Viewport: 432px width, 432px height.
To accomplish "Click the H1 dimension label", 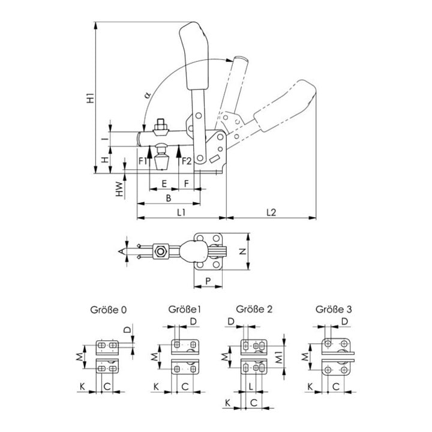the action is pyautogui.click(x=91, y=98).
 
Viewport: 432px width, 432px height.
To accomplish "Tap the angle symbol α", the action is pyautogui.click(x=148, y=95).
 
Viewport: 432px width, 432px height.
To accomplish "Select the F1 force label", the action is pyautogui.click(x=143, y=161).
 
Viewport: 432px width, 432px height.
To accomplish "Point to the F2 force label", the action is pyautogui.click(x=187, y=161).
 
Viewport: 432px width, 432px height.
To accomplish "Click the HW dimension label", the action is pyautogui.click(x=119, y=189).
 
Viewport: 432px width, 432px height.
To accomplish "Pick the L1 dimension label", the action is pyautogui.click(x=181, y=212).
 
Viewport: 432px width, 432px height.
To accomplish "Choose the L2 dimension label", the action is pyautogui.click(x=271, y=212).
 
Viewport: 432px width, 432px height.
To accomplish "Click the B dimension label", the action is pyautogui.click(x=169, y=198).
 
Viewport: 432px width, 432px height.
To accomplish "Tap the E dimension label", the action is pyautogui.click(x=164, y=184).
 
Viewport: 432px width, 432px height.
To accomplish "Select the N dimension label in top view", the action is pyautogui.click(x=242, y=251).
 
